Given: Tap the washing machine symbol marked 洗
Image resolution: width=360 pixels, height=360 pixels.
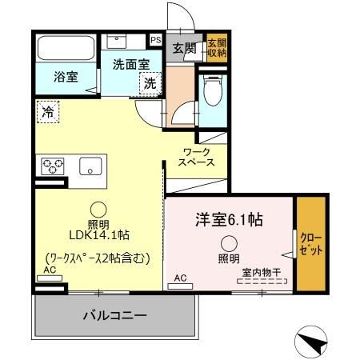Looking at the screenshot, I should (150, 82).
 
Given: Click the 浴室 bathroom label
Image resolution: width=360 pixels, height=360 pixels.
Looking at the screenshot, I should (66, 78).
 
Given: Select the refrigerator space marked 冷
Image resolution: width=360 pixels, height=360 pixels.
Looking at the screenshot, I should (48, 113).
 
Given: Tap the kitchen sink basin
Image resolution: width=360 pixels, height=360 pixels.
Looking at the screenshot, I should (89, 166).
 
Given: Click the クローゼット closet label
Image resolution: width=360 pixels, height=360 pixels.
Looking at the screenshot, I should (310, 244).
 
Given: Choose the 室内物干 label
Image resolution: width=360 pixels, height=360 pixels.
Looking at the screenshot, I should (262, 272).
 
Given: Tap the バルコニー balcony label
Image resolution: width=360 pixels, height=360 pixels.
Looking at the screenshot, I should (115, 316).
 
